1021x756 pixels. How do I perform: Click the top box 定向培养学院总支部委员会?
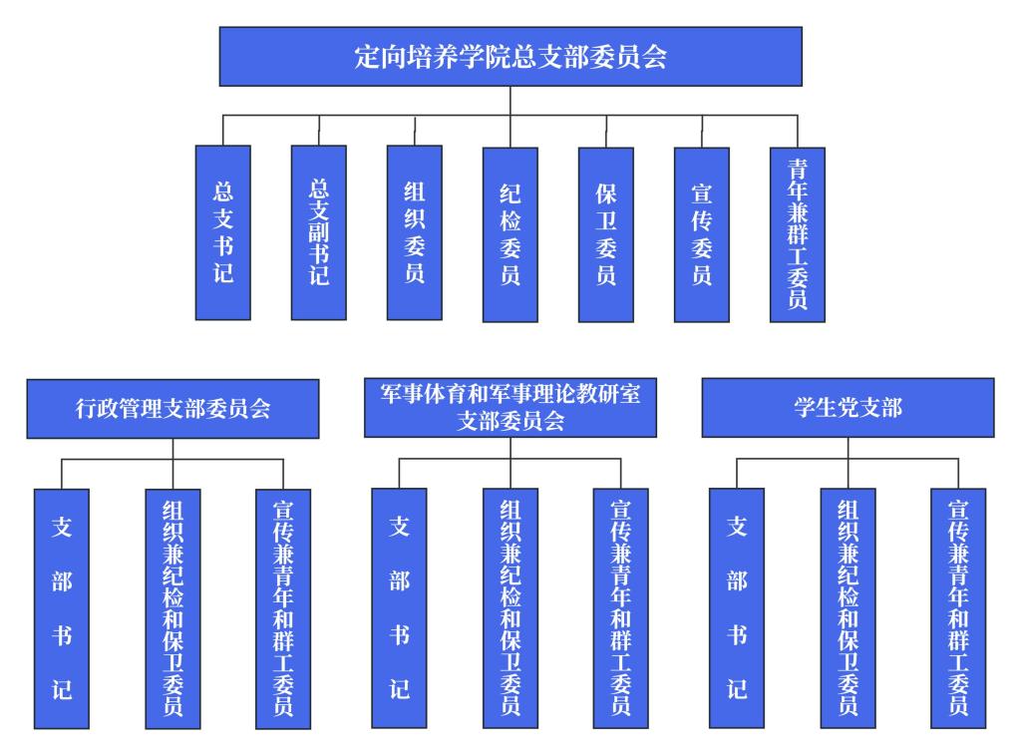coord(510,57)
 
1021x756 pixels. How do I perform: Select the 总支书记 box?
coord(222,232)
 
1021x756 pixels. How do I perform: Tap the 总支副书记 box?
coord(319,232)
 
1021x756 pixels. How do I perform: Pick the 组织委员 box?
coord(415,232)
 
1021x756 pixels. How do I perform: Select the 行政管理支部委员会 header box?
coord(172,408)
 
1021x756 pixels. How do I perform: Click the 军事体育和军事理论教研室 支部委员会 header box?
coord(510,407)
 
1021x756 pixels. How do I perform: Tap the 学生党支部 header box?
coord(848,407)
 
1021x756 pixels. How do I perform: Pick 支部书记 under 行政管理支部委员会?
coord(62,607)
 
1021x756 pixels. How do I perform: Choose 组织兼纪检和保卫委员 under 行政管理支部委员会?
coord(172,607)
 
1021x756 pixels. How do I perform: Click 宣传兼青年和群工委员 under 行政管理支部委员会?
coord(283,607)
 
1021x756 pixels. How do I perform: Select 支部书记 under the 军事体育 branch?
coord(399,607)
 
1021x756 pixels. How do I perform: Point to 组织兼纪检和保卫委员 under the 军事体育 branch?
coord(510,607)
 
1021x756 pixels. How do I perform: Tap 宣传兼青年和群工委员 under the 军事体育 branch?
coord(620,607)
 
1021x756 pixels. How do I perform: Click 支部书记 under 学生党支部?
coord(737,607)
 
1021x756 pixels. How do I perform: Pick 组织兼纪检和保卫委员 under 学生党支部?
coord(848,607)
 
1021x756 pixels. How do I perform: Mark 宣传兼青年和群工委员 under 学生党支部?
coord(958,607)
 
